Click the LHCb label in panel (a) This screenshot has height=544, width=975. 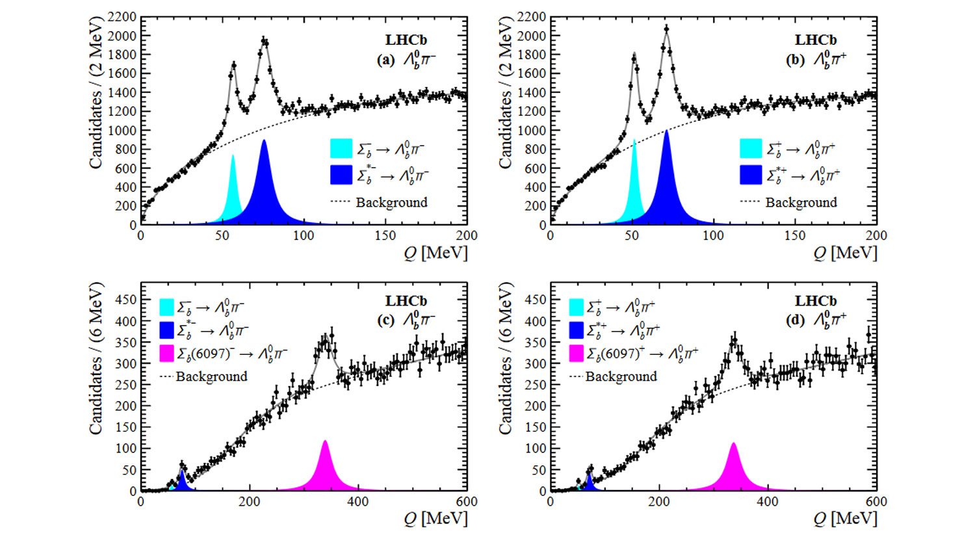(x=406, y=40)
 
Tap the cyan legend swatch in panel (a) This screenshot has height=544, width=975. (x=341, y=149)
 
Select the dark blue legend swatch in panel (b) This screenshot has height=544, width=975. (x=751, y=175)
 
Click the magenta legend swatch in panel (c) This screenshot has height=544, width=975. (x=167, y=354)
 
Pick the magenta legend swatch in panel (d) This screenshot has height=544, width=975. (x=577, y=354)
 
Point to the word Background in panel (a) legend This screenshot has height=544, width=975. (x=391, y=202)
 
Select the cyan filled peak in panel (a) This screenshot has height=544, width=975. (x=233, y=195)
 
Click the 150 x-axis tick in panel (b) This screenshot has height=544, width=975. (x=795, y=235)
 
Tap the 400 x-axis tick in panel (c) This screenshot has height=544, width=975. (x=358, y=502)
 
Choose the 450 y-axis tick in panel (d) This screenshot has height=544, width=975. (x=532, y=300)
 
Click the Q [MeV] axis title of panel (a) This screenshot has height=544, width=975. (x=435, y=252)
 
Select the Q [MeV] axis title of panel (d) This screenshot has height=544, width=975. (x=844, y=518)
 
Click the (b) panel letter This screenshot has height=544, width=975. (x=795, y=60)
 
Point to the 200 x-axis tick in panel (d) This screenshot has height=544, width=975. (x=659, y=502)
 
